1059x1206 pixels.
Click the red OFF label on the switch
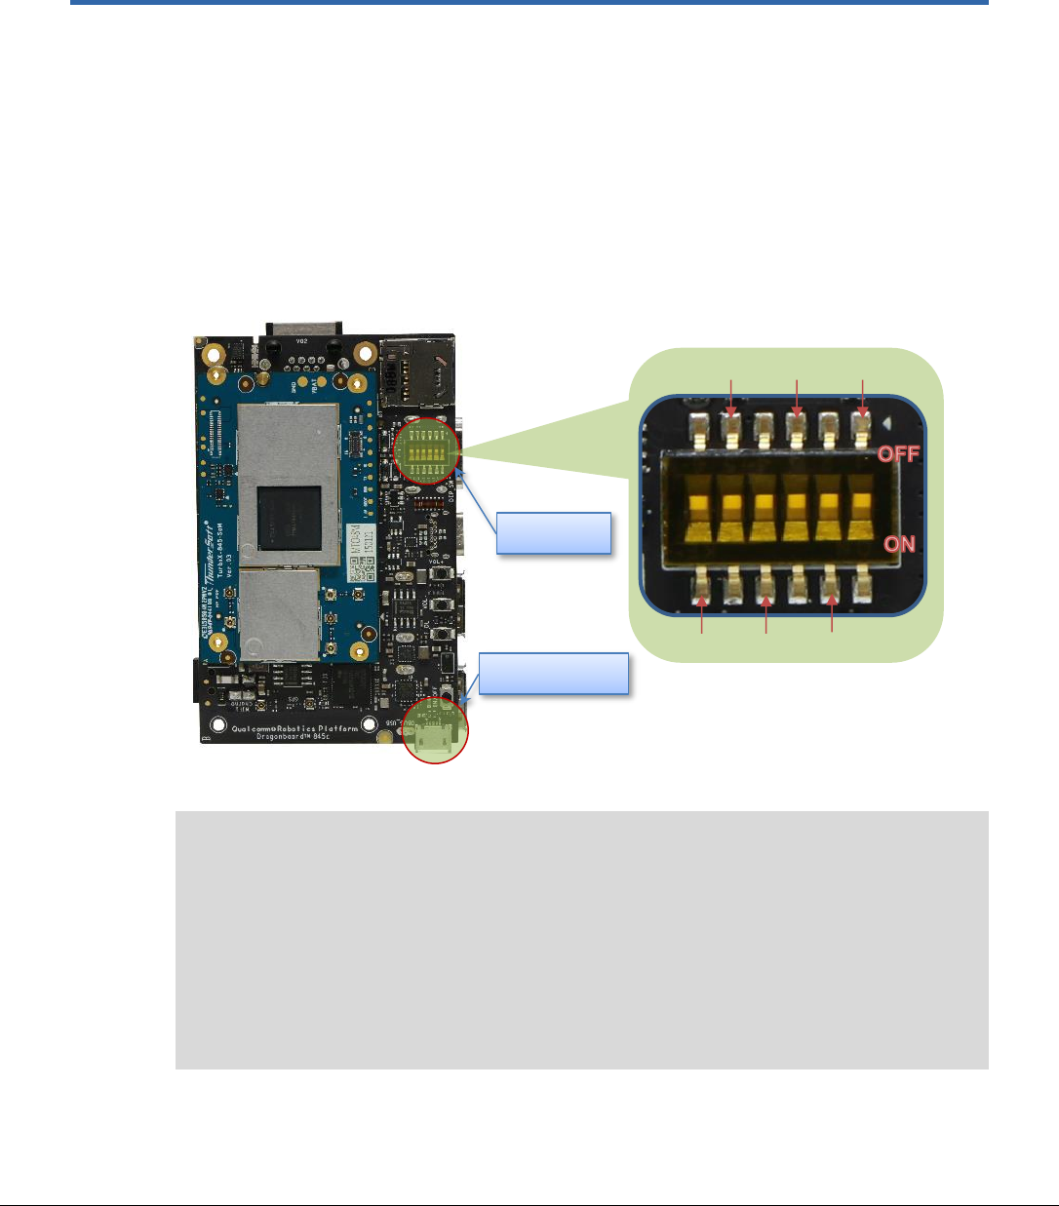898,453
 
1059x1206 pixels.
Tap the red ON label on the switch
899,543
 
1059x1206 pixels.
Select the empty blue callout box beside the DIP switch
554,533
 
